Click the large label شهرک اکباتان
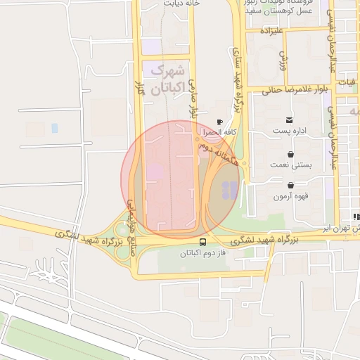coord(167,80)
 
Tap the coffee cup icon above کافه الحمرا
coord(220,121)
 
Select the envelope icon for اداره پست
coord(290,120)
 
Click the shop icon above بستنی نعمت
coord(291,153)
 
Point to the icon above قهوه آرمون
coord(291,185)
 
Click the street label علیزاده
coord(271,32)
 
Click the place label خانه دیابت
coord(182,4)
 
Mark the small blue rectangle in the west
coord(55,128)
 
